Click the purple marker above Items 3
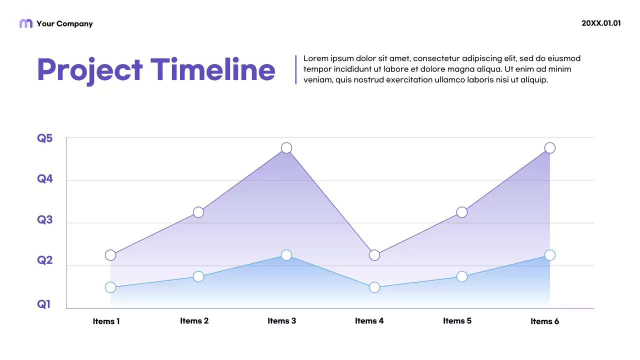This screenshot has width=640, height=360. (x=286, y=148)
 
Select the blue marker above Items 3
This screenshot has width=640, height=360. (x=286, y=255)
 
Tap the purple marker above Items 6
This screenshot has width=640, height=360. (x=550, y=148)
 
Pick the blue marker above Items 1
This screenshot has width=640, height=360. (x=110, y=287)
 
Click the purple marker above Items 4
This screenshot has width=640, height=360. (x=374, y=255)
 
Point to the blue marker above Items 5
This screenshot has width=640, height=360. (x=462, y=276)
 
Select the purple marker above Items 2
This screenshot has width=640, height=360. (x=198, y=212)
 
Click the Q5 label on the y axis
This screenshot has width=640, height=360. (x=45, y=138)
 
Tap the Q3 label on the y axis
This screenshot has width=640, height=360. (x=45, y=219)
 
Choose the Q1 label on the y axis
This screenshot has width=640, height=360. (x=44, y=304)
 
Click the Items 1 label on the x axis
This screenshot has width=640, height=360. (x=106, y=321)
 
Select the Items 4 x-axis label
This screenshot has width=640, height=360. (x=369, y=321)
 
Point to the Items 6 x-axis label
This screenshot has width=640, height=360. (x=545, y=321)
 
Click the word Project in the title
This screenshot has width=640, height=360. (x=90, y=70)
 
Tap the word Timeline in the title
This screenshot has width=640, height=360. (x=213, y=70)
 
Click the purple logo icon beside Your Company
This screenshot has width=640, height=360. (x=26, y=23)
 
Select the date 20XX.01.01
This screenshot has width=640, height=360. (x=601, y=23)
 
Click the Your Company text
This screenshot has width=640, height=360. (x=64, y=23)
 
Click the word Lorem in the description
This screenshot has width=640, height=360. (x=315, y=58)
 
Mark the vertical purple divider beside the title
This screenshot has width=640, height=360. (x=296, y=69)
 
